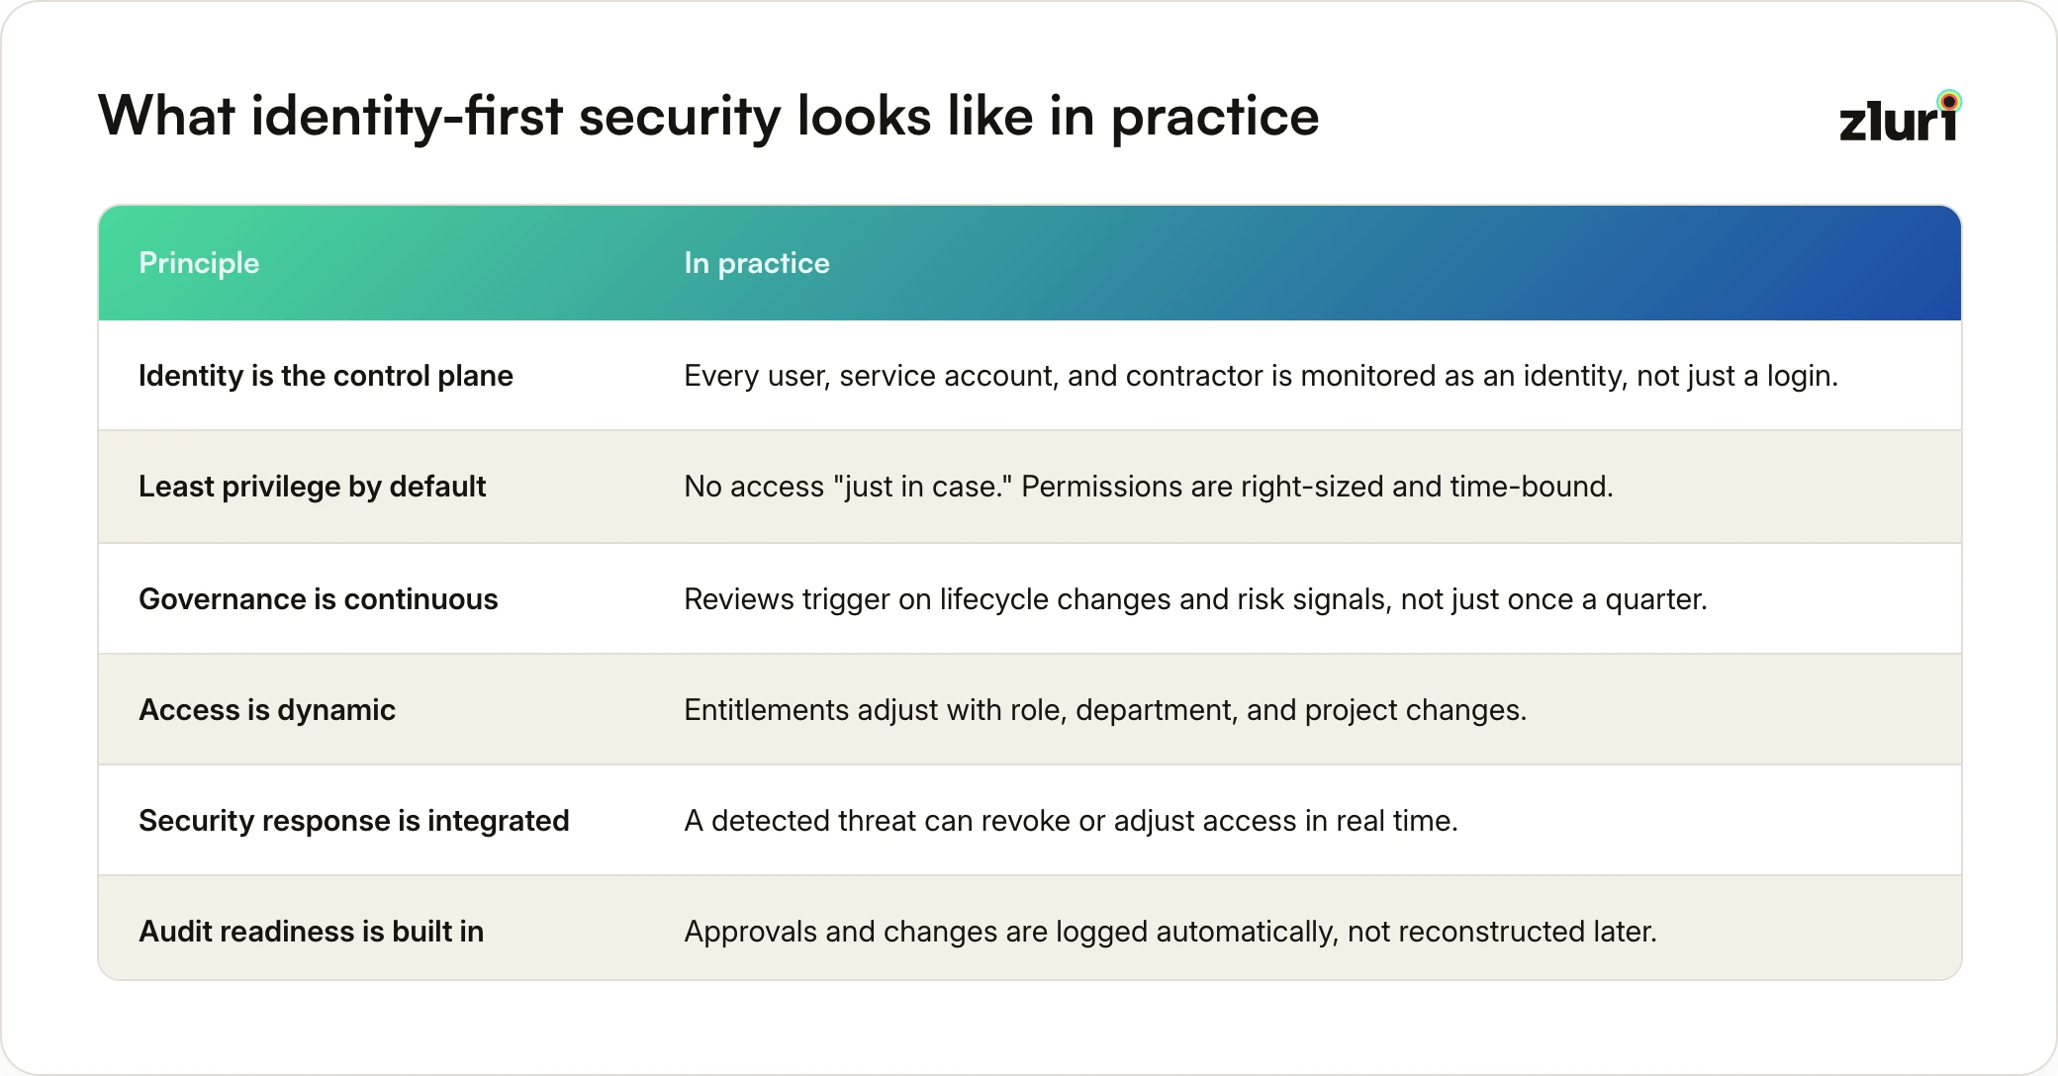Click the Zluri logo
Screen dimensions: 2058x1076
click(1900, 117)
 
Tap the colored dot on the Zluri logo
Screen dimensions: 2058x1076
click(1949, 101)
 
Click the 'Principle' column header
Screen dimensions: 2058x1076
click(199, 263)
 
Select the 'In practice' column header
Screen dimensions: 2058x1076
click(757, 263)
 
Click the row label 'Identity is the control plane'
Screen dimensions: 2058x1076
click(326, 376)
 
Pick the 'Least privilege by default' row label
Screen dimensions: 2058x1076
click(313, 487)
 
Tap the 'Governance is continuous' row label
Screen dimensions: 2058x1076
click(319, 599)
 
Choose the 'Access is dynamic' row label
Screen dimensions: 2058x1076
click(267, 710)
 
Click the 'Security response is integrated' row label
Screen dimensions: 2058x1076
click(354, 821)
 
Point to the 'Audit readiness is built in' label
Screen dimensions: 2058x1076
click(312, 932)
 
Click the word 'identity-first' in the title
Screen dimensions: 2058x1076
click(407, 117)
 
